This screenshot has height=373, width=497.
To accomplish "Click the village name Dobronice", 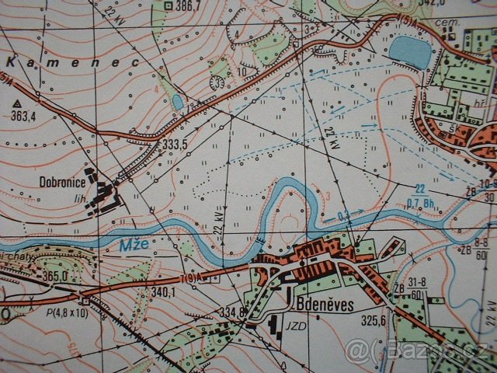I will tap(63, 183).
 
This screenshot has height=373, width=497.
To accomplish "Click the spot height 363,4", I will tap(24, 116).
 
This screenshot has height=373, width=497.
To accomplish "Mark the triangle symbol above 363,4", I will tap(16, 103).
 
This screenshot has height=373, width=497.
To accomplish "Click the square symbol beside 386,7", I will tap(169, 5).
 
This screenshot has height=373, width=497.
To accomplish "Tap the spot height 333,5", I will tap(176, 145).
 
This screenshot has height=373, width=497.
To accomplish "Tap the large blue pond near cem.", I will tap(410, 53).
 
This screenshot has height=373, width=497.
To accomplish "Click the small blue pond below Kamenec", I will tap(179, 102).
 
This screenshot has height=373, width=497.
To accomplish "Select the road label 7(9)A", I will tap(191, 278).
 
